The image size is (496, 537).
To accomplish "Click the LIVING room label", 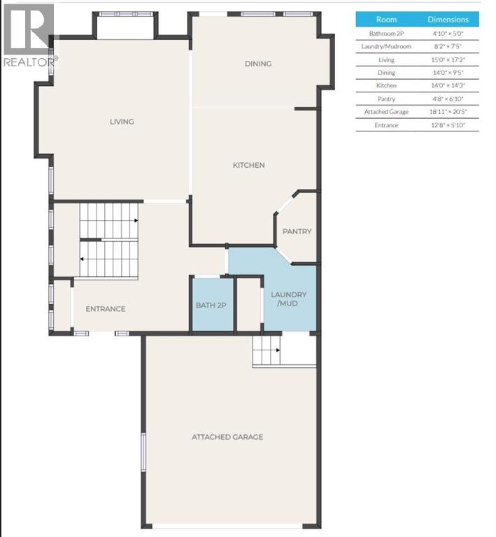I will pos(121,122).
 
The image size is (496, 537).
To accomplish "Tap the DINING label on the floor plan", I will pos(257,64).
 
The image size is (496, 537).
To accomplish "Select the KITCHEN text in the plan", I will pos(248,165).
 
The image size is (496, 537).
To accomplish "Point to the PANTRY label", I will pos(297,231).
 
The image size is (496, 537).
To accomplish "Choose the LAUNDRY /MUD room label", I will pos(289,299).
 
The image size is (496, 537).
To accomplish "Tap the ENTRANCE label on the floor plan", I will pos(106,309).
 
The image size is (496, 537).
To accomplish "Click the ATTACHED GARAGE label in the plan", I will pos(227,437).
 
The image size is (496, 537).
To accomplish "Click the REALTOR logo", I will pos(28,35).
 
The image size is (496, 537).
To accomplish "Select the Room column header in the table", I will pos(386,20).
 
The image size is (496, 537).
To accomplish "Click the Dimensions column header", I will pos(448,20).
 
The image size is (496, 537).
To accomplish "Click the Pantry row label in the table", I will pos(386,99).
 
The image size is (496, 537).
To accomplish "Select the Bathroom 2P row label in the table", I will pos(386,33).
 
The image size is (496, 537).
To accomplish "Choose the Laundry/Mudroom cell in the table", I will pos(386,46).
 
